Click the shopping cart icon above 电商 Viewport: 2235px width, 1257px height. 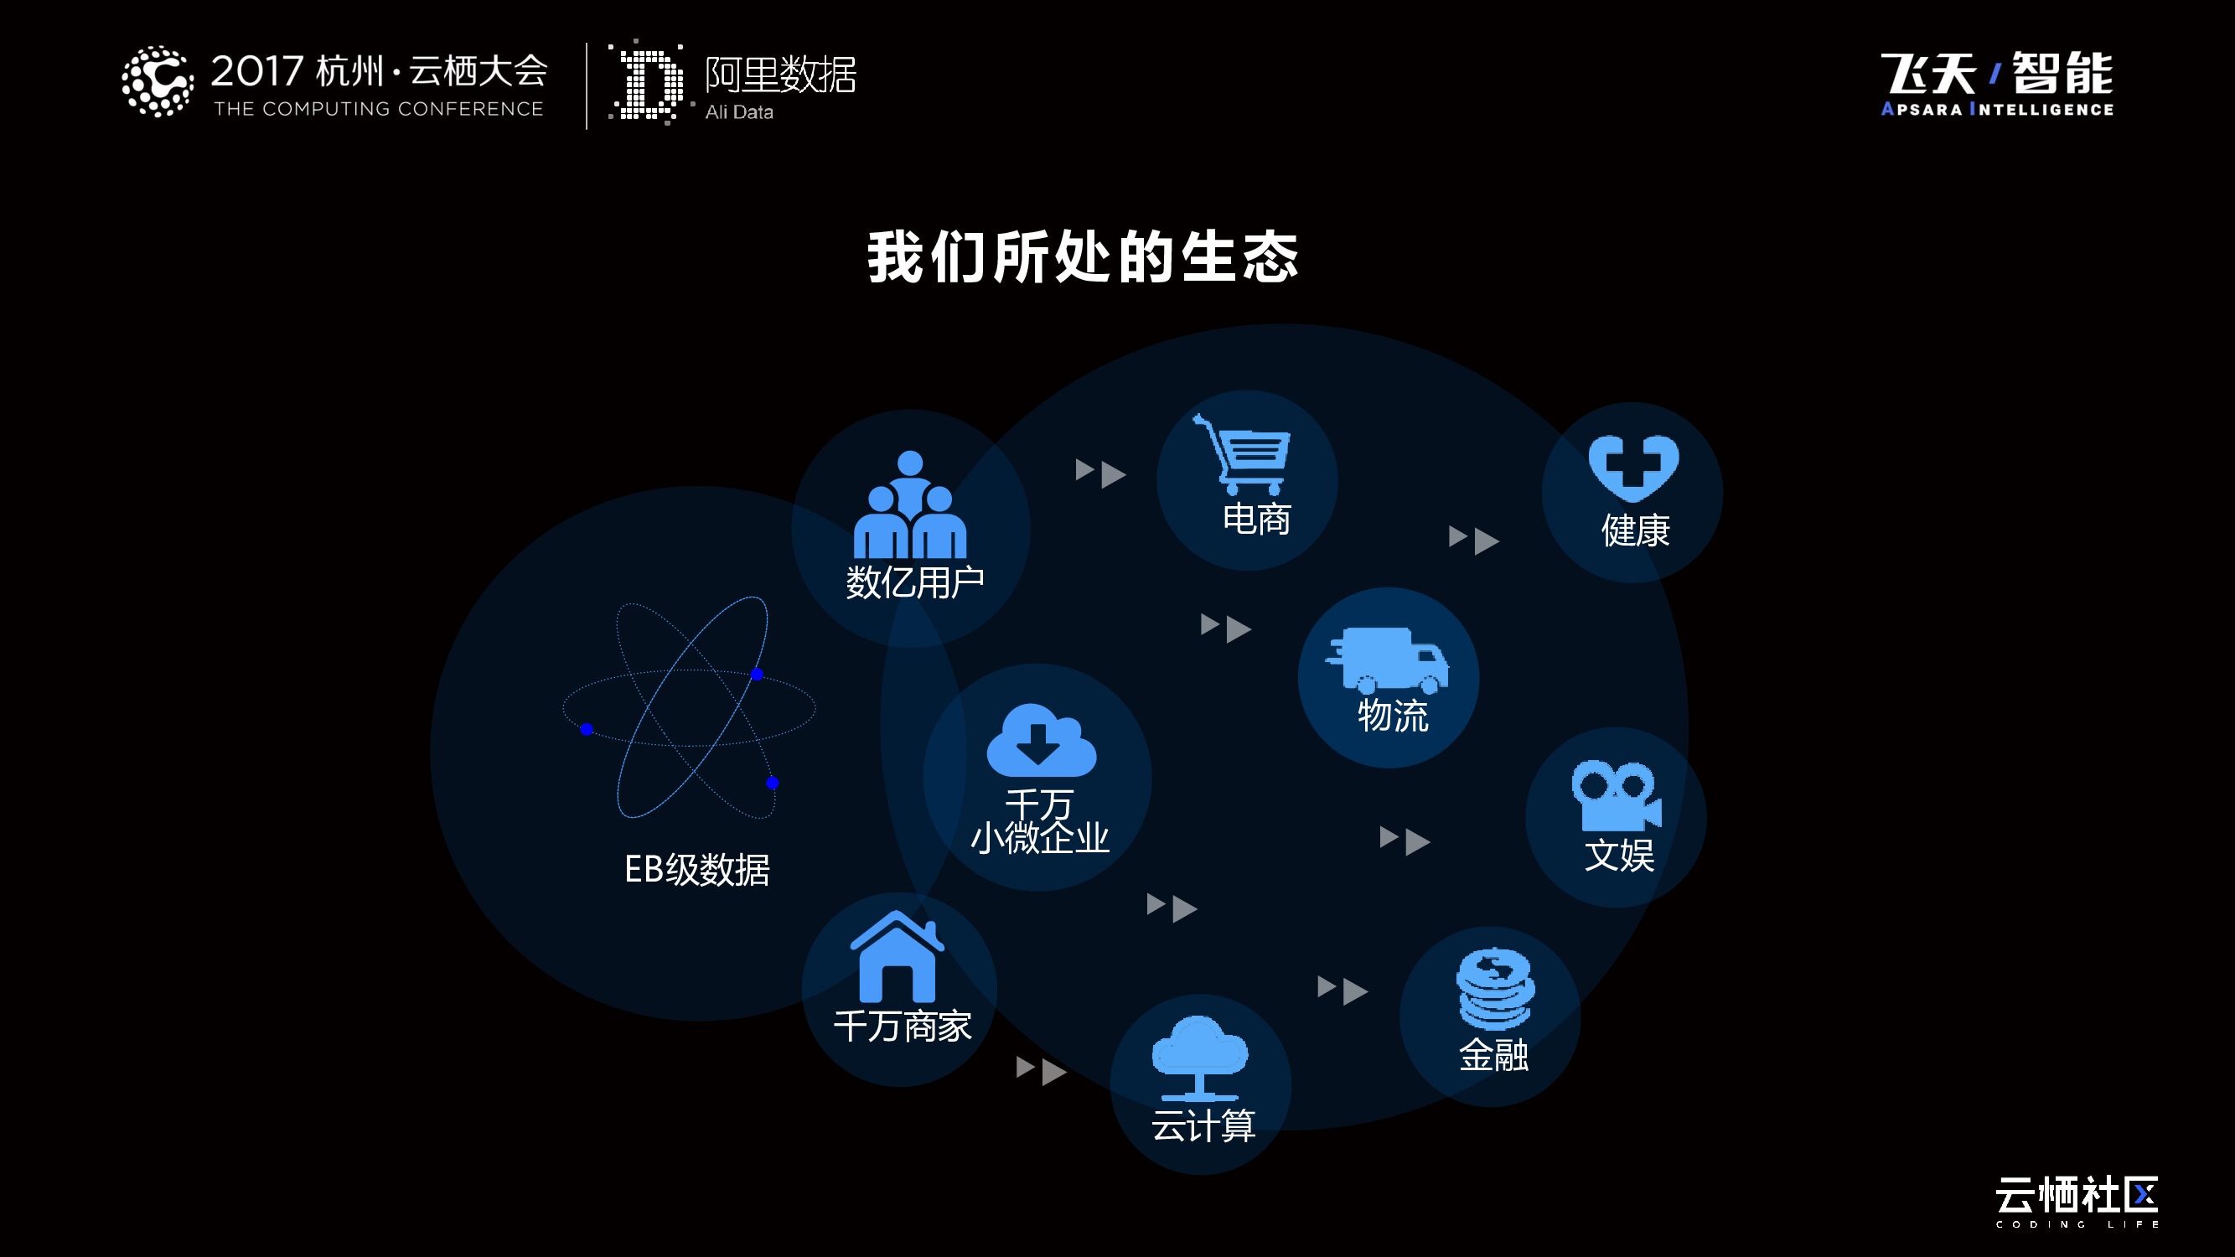pos(1243,453)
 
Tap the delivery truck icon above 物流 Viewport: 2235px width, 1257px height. pos(1387,660)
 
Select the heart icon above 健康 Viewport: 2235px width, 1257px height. pos(1632,468)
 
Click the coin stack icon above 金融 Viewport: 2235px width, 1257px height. pos(1494,989)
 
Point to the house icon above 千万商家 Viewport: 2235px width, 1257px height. pos(898,958)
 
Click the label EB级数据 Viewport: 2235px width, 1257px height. pos(696,869)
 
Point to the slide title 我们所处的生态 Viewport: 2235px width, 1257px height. pos(1082,257)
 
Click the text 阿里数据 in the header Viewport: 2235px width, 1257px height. pos(780,75)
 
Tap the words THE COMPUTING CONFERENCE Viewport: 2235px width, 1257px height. pos(378,109)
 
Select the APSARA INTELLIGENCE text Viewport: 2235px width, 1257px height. pos(1996,109)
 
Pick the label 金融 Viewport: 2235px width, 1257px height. pos(1493,1055)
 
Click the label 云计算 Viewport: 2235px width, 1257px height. pos(1203,1126)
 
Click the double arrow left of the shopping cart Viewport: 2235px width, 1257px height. pos(1100,473)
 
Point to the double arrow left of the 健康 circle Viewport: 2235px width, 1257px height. pos(1473,540)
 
